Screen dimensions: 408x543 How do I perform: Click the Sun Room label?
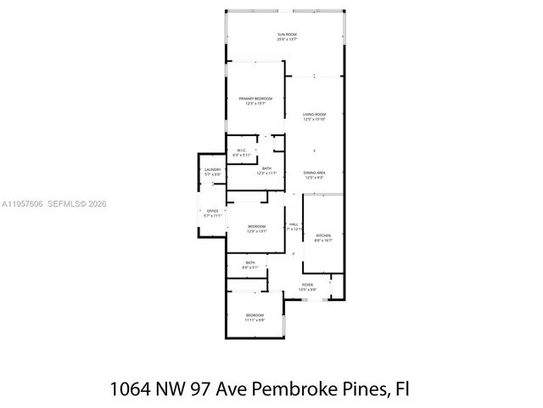[x=286, y=35]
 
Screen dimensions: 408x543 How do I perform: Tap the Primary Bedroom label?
[x=255, y=99]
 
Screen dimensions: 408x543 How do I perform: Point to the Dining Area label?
[x=314, y=173]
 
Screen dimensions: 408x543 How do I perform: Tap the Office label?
[x=212, y=211]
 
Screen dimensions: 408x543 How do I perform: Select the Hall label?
[x=293, y=224]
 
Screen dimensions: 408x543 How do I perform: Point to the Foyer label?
[x=307, y=285]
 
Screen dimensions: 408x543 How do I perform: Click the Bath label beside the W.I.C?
[x=266, y=168]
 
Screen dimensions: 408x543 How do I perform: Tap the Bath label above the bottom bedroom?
[x=250, y=263]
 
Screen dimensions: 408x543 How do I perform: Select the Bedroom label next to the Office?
[x=257, y=226]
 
